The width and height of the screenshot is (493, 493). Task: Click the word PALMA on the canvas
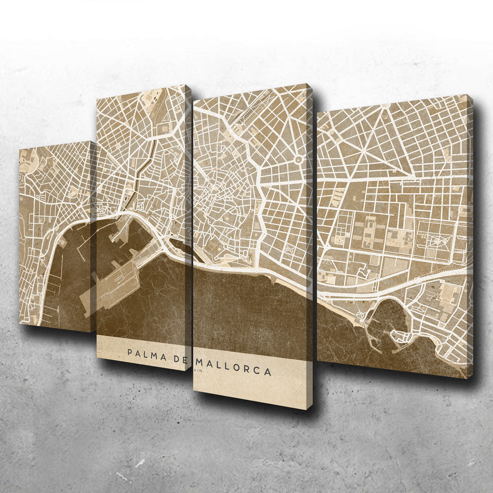point(146,354)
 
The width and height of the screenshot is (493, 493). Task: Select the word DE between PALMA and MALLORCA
point(179,358)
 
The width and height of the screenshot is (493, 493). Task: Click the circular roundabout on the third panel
point(299,159)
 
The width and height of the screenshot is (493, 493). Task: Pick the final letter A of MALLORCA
point(268,373)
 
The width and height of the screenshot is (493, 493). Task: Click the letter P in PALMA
point(130,352)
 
